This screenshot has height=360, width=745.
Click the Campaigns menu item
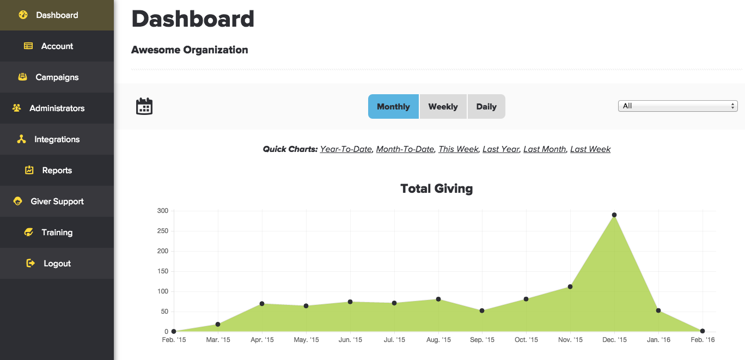(57, 77)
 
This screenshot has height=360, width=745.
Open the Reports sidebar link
(57, 170)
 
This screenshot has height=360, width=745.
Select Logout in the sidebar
(57, 264)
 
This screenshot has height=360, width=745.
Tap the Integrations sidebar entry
(57, 139)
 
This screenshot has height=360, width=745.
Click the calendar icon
(144, 106)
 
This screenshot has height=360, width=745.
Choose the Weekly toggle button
(443, 106)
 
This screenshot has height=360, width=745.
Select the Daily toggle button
(486, 106)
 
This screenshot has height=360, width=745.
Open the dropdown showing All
(677, 106)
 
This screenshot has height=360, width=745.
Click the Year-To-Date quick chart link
(346, 149)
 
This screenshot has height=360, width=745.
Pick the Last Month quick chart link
(545, 149)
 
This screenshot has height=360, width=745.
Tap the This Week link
(458, 149)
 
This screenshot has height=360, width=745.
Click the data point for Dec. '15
(614, 215)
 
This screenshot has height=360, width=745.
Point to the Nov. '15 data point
(570, 286)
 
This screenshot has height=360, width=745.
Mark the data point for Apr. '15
(262, 303)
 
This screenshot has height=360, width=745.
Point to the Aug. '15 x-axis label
(439, 340)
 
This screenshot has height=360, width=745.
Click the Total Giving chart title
(436, 189)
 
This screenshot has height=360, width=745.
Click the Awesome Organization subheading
(190, 50)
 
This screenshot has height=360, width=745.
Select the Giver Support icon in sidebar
(18, 202)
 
